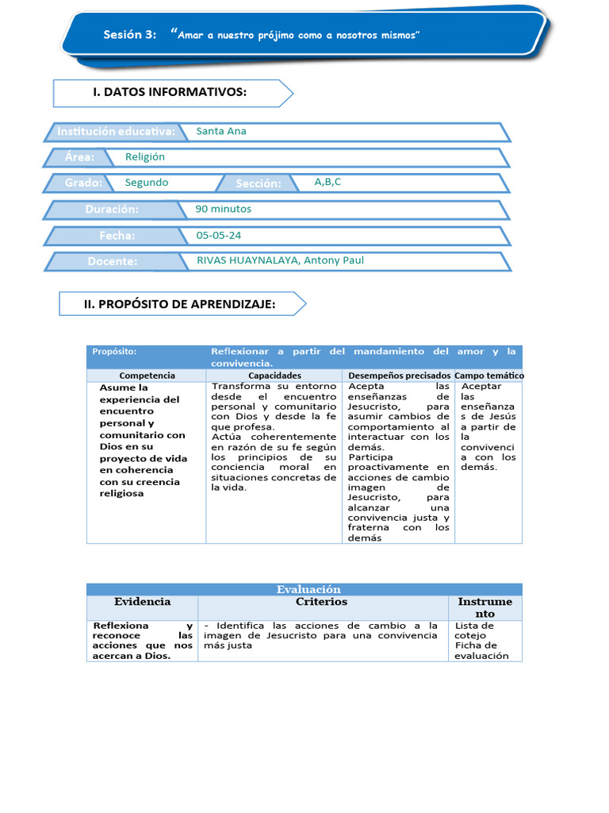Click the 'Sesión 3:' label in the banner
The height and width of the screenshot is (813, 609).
[130, 34]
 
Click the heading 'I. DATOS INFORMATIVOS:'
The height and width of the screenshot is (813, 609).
[170, 93]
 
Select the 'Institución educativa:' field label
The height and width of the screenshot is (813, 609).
[116, 131]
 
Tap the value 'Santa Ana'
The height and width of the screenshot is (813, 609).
[221, 131]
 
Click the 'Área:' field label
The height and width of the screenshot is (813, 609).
[81, 157]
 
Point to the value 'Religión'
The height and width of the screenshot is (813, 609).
[145, 157]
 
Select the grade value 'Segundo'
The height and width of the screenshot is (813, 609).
[147, 183]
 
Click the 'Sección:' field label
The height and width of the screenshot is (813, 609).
[259, 183]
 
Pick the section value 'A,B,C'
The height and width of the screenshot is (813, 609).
[327, 182]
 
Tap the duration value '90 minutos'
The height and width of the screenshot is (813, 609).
[224, 209]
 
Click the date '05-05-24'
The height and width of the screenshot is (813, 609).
[219, 235]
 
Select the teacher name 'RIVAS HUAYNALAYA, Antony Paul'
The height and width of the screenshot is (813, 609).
[280, 260]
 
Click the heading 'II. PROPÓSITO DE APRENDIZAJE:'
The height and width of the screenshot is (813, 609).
[180, 303]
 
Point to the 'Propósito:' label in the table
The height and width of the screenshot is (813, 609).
[114, 351]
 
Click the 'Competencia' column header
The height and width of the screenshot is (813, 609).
[147, 376]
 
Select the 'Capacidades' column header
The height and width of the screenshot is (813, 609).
[274, 376]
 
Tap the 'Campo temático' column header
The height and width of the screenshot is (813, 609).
[488, 376]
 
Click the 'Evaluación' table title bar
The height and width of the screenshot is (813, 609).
[308, 589]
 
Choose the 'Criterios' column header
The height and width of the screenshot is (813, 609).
[321, 602]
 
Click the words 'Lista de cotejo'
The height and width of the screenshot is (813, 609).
[474, 630]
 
